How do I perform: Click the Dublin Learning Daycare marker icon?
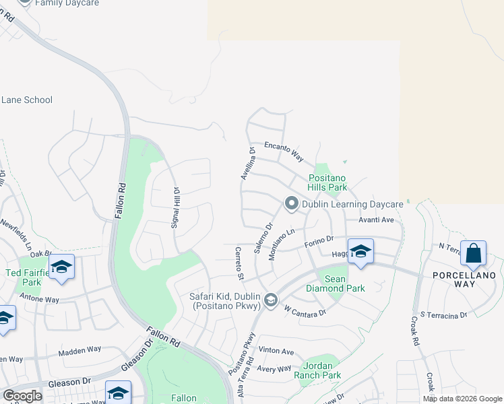(x=291, y=203)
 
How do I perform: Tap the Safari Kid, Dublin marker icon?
(x=271, y=300)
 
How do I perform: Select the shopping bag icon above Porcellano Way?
(x=473, y=253)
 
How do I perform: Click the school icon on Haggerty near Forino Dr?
(x=360, y=252)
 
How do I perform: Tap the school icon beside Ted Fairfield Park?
(x=61, y=267)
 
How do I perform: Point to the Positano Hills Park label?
(x=327, y=182)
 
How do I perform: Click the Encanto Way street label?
(x=284, y=151)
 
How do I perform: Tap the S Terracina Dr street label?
(x=443, y=314)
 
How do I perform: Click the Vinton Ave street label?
(x=276, y=351)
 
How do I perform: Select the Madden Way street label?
(x=80, y=350)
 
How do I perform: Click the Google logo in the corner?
(x=22, y=395)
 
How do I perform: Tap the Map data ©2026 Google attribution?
(x=462, y=399)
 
